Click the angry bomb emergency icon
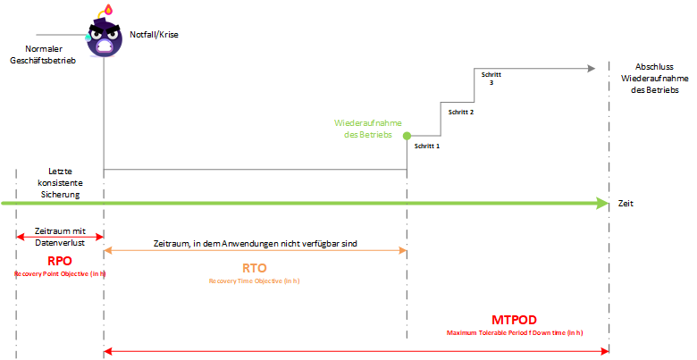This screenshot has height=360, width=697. [104, 36]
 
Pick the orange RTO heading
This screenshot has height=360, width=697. [256, 267]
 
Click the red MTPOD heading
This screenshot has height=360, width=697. [514, 320]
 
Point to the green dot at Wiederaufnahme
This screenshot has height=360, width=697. [407, 137]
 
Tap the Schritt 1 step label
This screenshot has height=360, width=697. [427, 145]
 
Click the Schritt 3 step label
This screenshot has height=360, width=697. [491, 78]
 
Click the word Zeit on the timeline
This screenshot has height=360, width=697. [626, 204]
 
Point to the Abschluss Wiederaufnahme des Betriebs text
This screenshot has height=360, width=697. [648, 79]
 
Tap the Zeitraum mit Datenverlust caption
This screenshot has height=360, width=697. [60, 236]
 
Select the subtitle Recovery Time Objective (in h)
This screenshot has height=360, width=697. [256, 280]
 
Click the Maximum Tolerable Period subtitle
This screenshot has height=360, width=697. [514, 332]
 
